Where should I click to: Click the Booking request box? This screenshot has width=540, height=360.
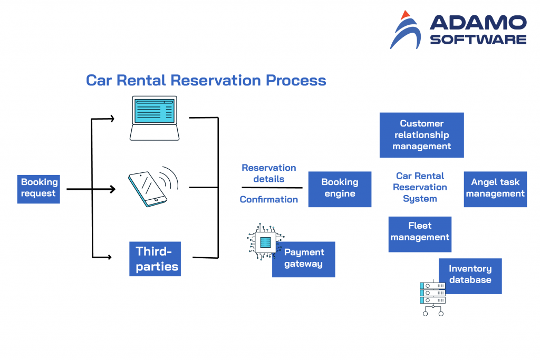[38, 188]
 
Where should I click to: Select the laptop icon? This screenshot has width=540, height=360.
[155, 119]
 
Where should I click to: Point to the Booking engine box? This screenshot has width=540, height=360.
[340, 189]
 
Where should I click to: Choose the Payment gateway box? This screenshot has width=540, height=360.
[304, 259]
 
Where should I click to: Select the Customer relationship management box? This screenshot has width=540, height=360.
[421, 135]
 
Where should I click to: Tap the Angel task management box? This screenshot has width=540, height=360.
[495, 189]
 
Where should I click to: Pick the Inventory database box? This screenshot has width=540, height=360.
[470, 275]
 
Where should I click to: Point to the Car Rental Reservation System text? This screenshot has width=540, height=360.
[420, 187]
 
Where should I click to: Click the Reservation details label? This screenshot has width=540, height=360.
[268, 173]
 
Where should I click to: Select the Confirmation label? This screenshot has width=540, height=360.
[268, 199]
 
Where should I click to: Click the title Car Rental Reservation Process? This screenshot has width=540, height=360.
[206, 80]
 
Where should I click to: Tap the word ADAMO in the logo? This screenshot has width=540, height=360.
[478, 23]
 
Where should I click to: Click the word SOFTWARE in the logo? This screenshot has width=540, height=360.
[478, 40]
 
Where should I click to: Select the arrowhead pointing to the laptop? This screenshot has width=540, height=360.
[111, 119]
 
